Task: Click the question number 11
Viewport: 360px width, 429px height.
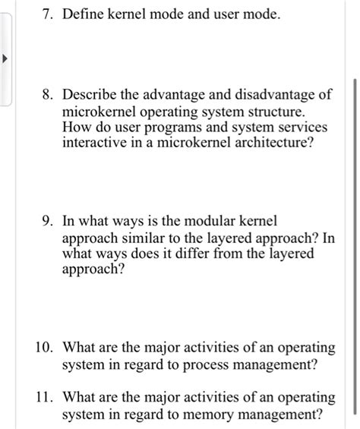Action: pyautogui.click(x=43, y=397)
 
